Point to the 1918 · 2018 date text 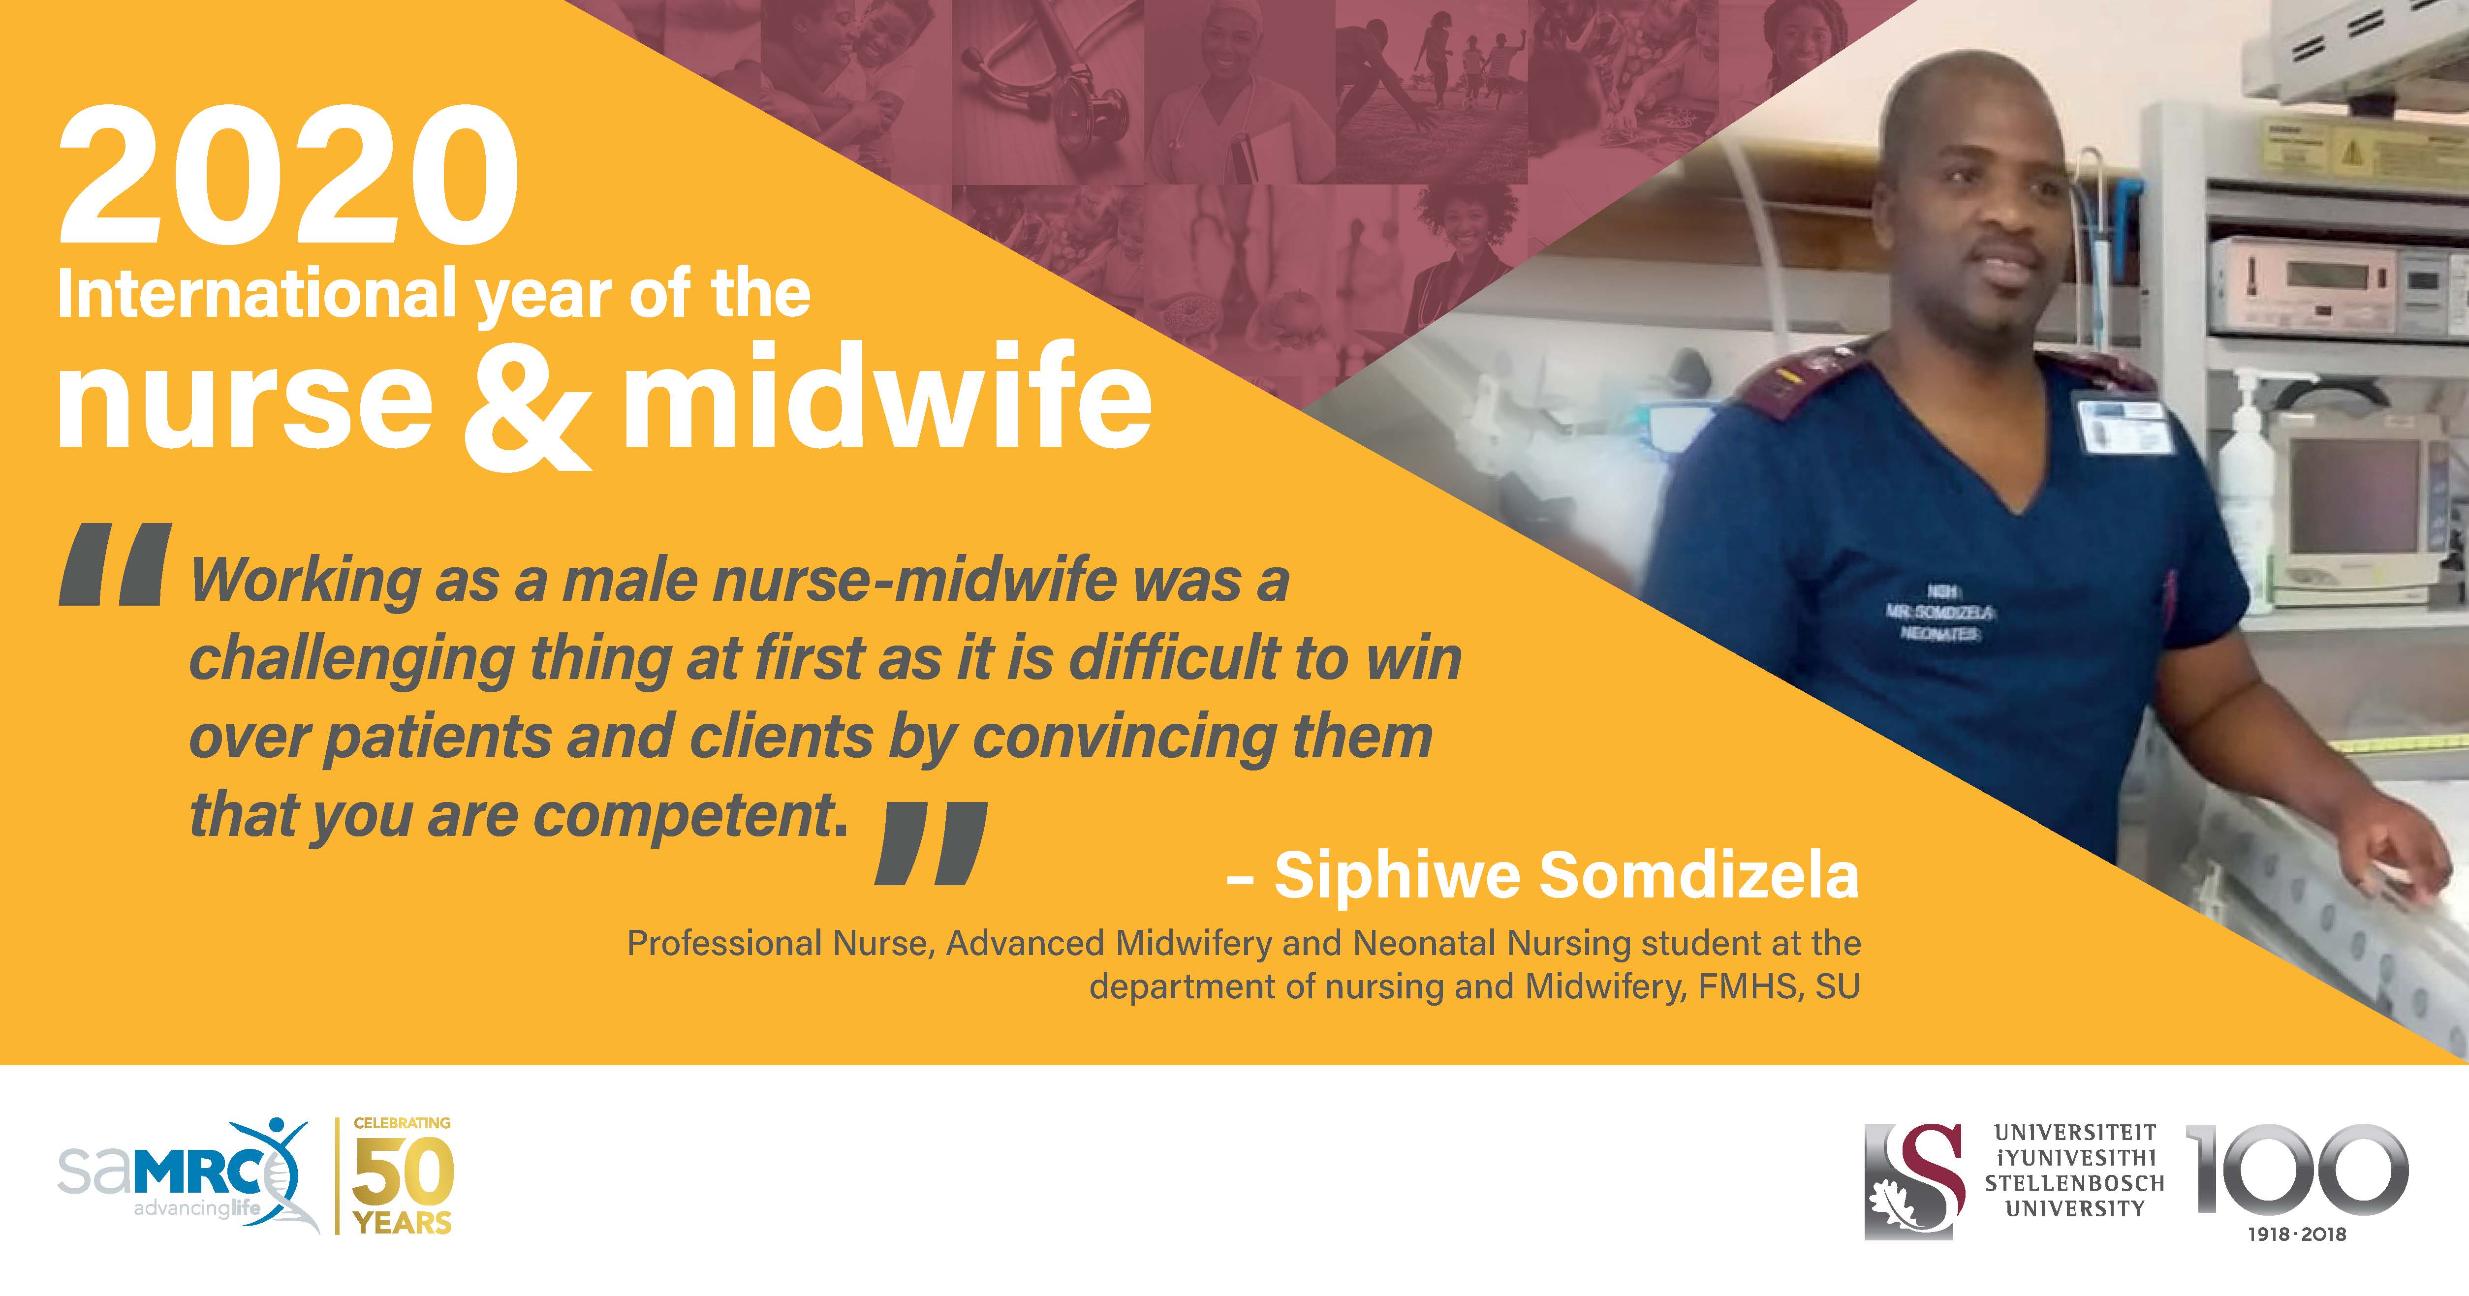click(x=2297, y=1234)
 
